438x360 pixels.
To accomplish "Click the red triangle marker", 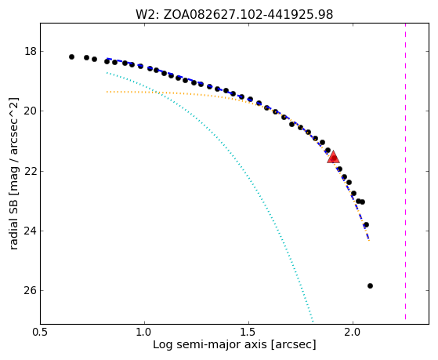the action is (x=333, y=157).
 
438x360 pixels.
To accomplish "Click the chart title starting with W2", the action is (x=234, y=15).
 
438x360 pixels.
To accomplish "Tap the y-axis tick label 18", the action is (x=31, y=52).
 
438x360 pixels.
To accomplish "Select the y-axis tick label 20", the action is (x=31, y=111).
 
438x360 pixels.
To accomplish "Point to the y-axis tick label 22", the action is (x=31, y=171).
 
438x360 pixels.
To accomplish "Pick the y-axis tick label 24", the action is (x=31, y=231).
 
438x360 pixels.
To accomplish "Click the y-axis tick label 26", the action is (x=31, y=291).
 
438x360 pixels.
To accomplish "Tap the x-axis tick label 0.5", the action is (x=41, y=332).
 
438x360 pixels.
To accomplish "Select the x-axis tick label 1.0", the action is (x=144, y=332).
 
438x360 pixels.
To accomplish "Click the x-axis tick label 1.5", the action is (x=248, y=332).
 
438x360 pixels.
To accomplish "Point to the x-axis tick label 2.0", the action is (x=353, y=332).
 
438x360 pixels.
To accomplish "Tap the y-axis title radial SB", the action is (x=14, y=173).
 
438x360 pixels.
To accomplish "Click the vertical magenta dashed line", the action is (x=405, y=172).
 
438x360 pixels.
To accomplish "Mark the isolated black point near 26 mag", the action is (x=370, y=285).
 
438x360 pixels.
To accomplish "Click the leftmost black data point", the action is (x=71, y=56).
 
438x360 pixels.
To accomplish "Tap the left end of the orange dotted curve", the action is (x=107, y=92).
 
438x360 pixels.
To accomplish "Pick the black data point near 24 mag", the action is (x=366, y=224).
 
